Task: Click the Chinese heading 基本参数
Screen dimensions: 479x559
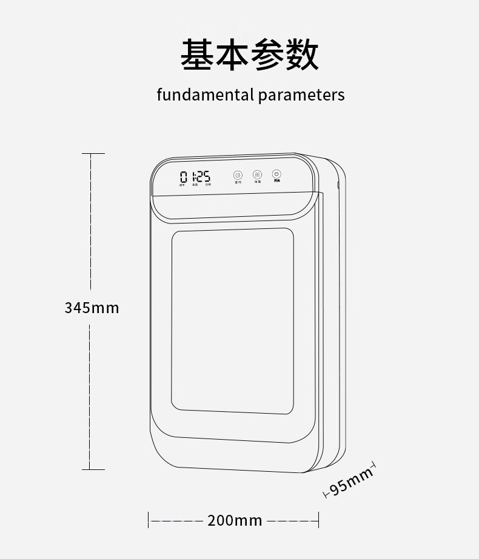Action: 250,55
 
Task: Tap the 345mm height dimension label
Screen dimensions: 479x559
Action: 92,308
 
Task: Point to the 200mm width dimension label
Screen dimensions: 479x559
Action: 235,520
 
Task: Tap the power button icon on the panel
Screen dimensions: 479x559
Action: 276,174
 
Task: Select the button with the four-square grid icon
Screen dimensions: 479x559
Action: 257,174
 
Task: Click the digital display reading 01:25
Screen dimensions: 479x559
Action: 195,177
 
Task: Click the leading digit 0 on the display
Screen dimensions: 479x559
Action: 183,177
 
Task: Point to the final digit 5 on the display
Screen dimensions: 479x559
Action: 206,177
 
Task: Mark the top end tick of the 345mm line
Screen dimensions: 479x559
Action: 93,154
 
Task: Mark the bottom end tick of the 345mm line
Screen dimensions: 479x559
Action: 93,469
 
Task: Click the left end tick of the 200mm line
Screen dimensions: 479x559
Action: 149,520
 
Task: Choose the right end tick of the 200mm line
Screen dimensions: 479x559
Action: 318,520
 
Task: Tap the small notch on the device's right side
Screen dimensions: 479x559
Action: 338,184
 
